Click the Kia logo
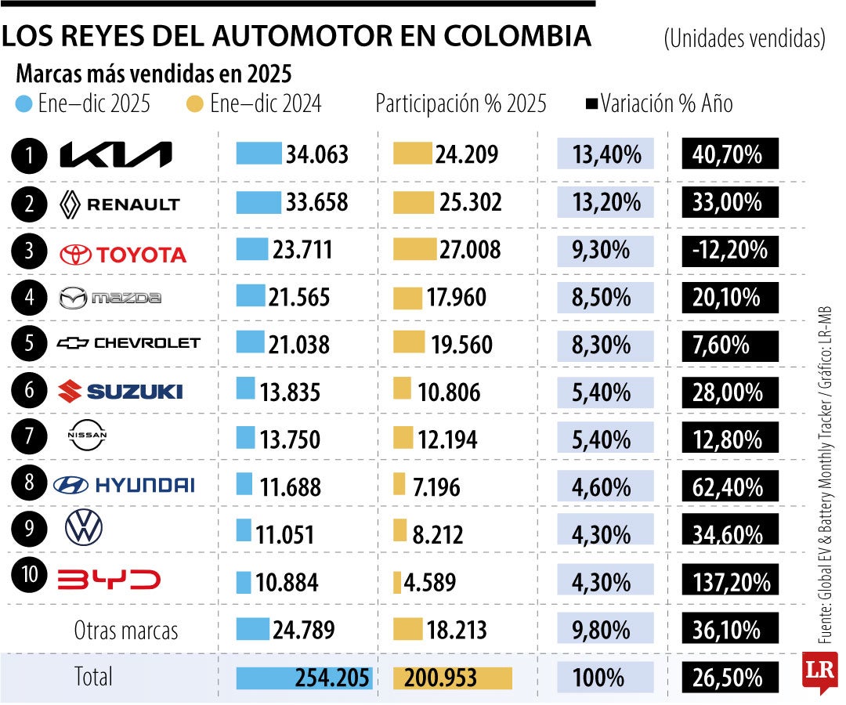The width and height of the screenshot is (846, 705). click(116, 155)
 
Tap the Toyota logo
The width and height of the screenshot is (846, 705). click(123, 254)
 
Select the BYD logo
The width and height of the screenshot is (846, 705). click(109, 580)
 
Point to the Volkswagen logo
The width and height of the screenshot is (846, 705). click(84, 530)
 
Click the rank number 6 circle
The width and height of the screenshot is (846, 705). click(30, 390)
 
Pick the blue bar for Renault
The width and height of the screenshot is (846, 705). click(258, 203)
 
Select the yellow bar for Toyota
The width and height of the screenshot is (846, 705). click(414, 249)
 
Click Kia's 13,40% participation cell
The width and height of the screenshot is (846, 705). click(605, 155)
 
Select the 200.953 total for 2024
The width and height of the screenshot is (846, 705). click(440, 678)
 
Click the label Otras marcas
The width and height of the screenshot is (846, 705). click(126, 630)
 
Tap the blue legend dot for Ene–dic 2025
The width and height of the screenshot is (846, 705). click(24, 103)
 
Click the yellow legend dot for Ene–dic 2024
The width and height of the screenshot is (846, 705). click(197, 103)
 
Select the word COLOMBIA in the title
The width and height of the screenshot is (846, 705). click(517, 36)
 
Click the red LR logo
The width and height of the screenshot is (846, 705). click(819, 672)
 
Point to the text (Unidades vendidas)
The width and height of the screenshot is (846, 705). click(744, 38)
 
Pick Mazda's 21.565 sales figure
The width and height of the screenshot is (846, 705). click(301, 298)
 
